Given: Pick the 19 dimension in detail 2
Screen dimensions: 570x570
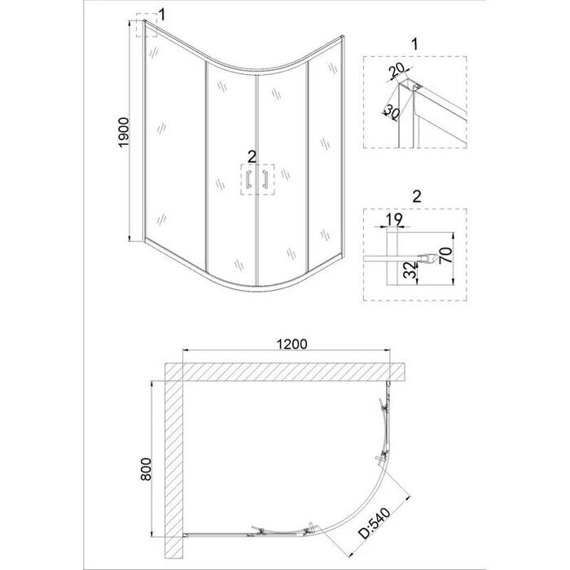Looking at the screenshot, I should tap(393, 220).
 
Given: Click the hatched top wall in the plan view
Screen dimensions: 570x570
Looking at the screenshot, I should tap(285, 372).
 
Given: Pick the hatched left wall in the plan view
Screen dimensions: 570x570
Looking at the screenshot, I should tap(174, 464).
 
